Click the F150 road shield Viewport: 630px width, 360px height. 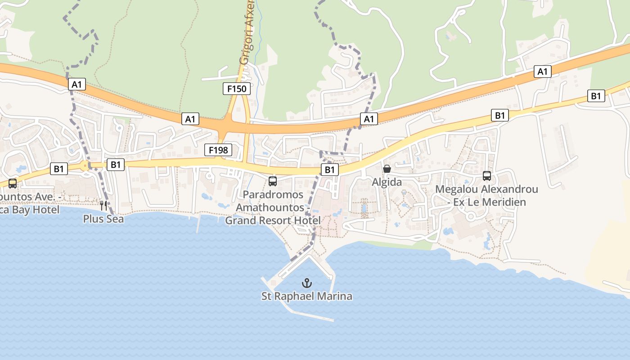coord(237,89)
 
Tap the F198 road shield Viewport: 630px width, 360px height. coord(218,150)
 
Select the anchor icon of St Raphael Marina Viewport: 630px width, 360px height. coord(307,283)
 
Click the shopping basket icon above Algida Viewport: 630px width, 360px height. coord(387,169)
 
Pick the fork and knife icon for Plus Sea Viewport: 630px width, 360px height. coord(103,206)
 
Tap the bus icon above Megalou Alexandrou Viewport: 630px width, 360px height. coord(486,176)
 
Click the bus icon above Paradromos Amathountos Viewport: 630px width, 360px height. coord(273,181)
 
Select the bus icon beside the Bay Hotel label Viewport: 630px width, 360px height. coord(13,184)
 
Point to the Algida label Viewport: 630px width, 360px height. coord(387,183)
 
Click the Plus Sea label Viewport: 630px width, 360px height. coord(103,219)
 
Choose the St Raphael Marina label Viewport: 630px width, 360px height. coord(307,297)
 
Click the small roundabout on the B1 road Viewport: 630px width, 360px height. coord(85,166)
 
